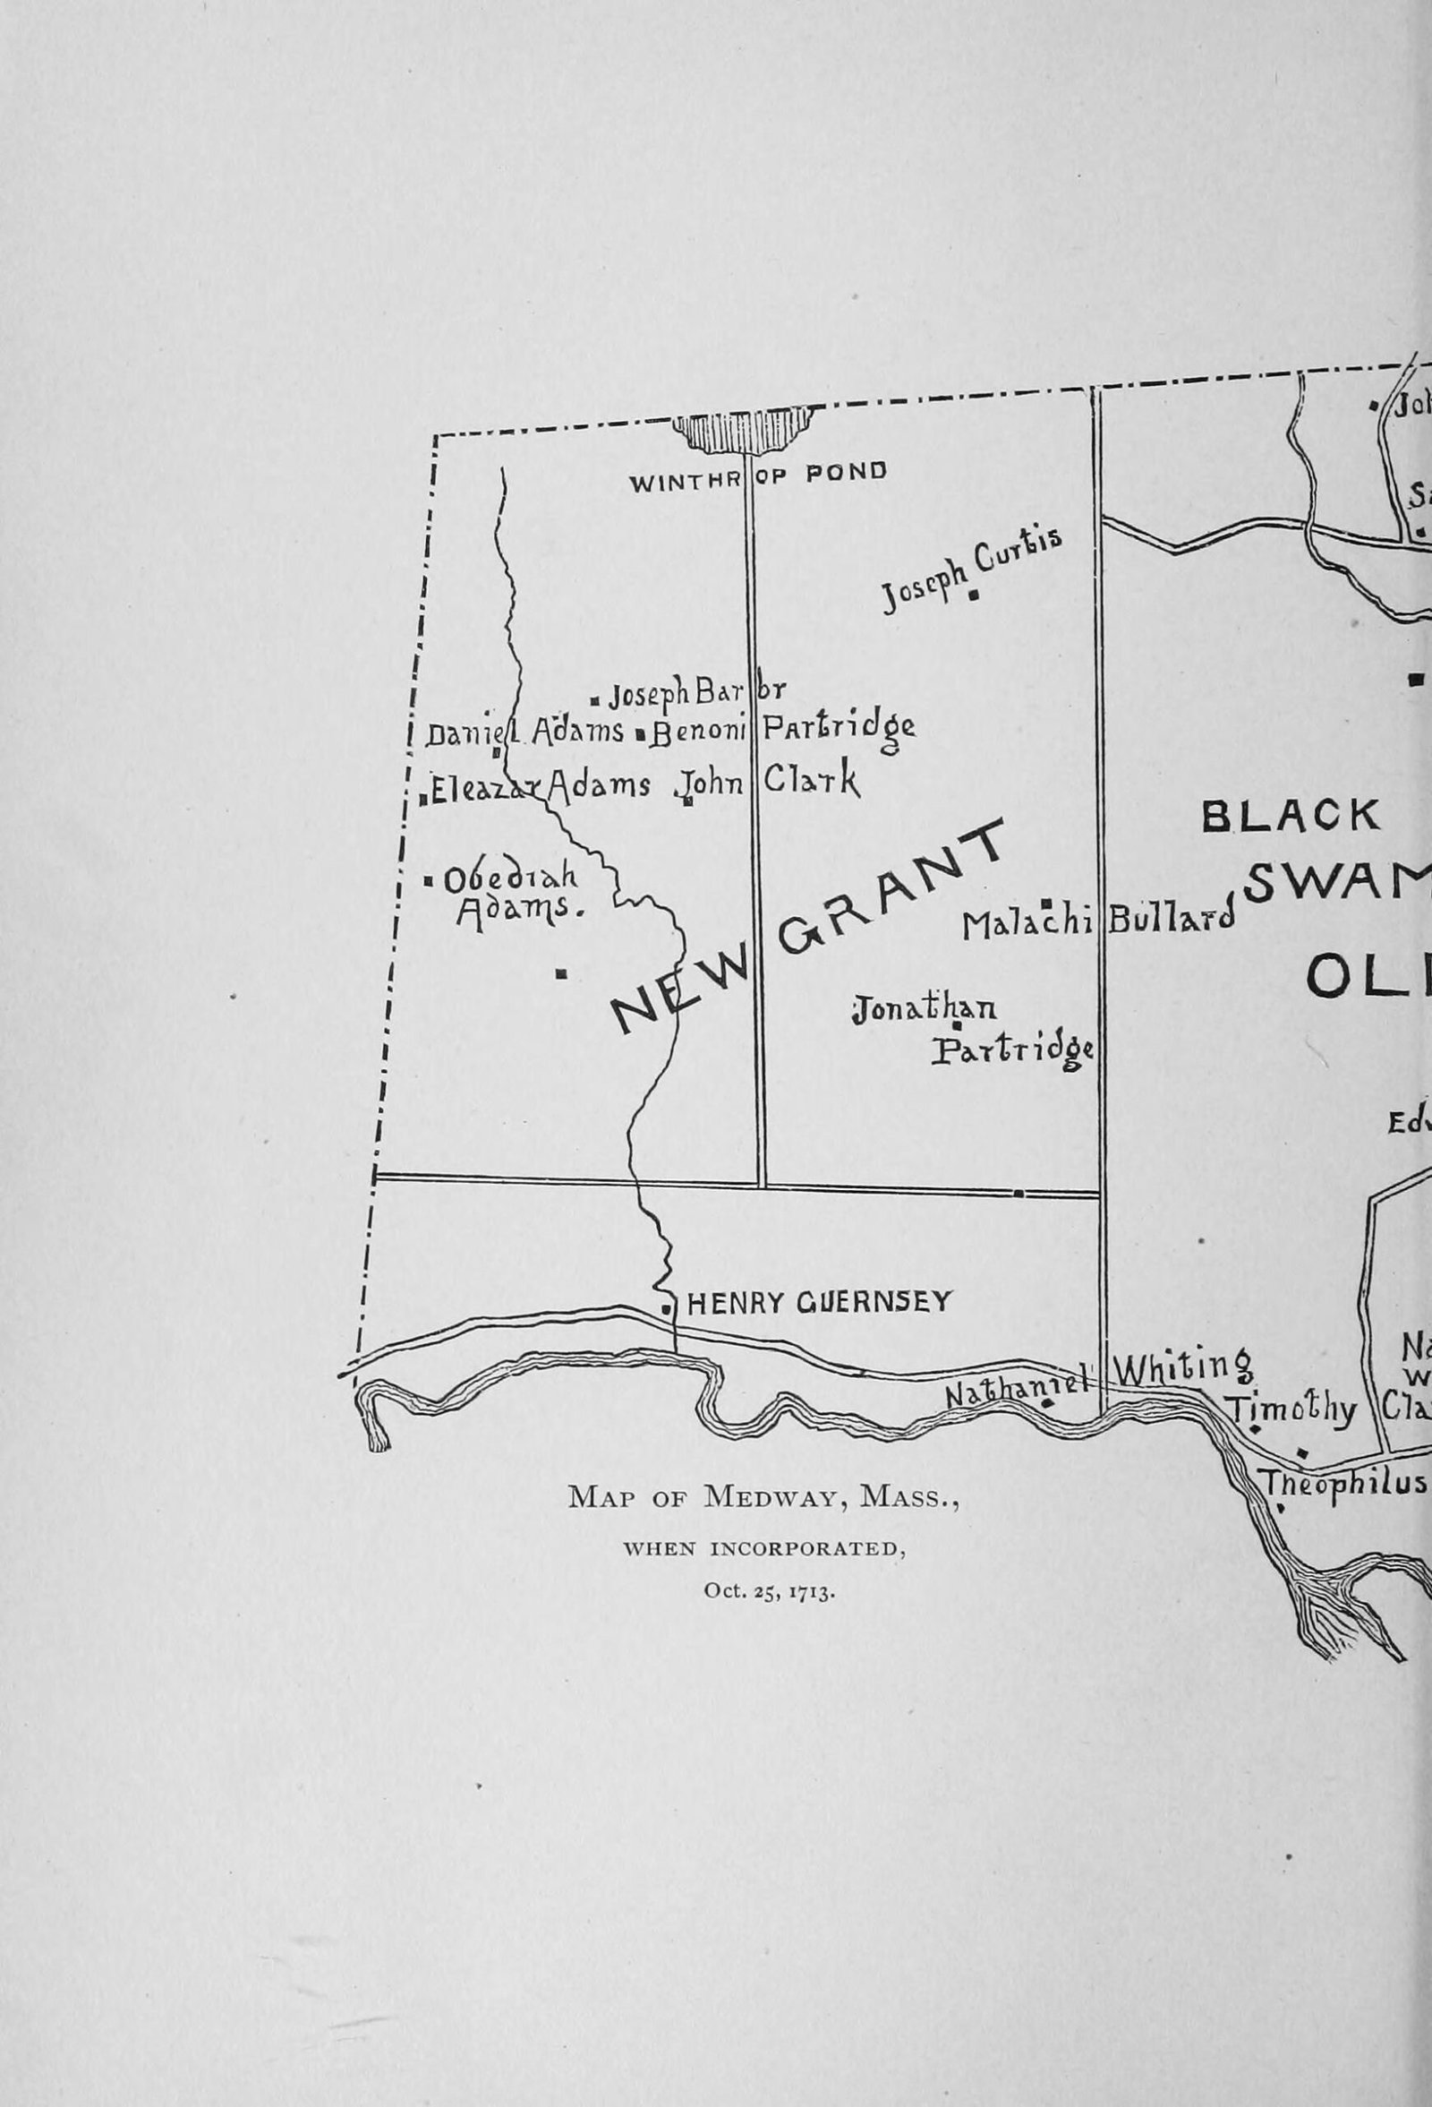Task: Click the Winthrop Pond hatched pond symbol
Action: [742, 429]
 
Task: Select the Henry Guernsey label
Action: [819, 1303]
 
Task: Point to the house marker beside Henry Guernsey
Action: [667, 1309]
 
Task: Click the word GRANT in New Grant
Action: [892, 888]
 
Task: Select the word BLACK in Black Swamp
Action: [1291, 816]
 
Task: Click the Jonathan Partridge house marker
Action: [956, 1025]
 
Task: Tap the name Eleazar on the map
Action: [484, 789]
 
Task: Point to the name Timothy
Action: [1291, 1410]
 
